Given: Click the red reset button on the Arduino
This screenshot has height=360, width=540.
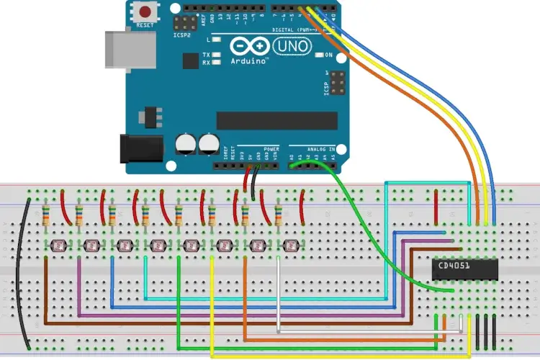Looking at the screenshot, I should pyautogui.click(x=146, y=12).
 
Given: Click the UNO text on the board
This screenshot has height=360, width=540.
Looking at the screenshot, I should pyautogui.click(x=296, y=48).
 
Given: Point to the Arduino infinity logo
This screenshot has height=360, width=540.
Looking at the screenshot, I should pyautogui.click(x=250, y=48).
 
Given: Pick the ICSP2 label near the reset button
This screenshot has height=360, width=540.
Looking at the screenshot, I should pyautogui.click(x=183, y=33).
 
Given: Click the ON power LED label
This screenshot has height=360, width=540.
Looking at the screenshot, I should pyautogui.click(x=329, y=55).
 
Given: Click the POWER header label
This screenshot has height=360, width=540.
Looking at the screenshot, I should pyautogui.click(x=271, y=149).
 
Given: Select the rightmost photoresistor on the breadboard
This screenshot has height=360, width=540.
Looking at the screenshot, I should pyautogui.click(x=289, y=246).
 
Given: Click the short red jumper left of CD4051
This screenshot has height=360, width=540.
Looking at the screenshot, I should pyautogui.click(x=436, y=206).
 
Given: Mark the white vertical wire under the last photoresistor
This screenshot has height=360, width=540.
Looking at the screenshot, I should pyautogui.click(x=279, y=295).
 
